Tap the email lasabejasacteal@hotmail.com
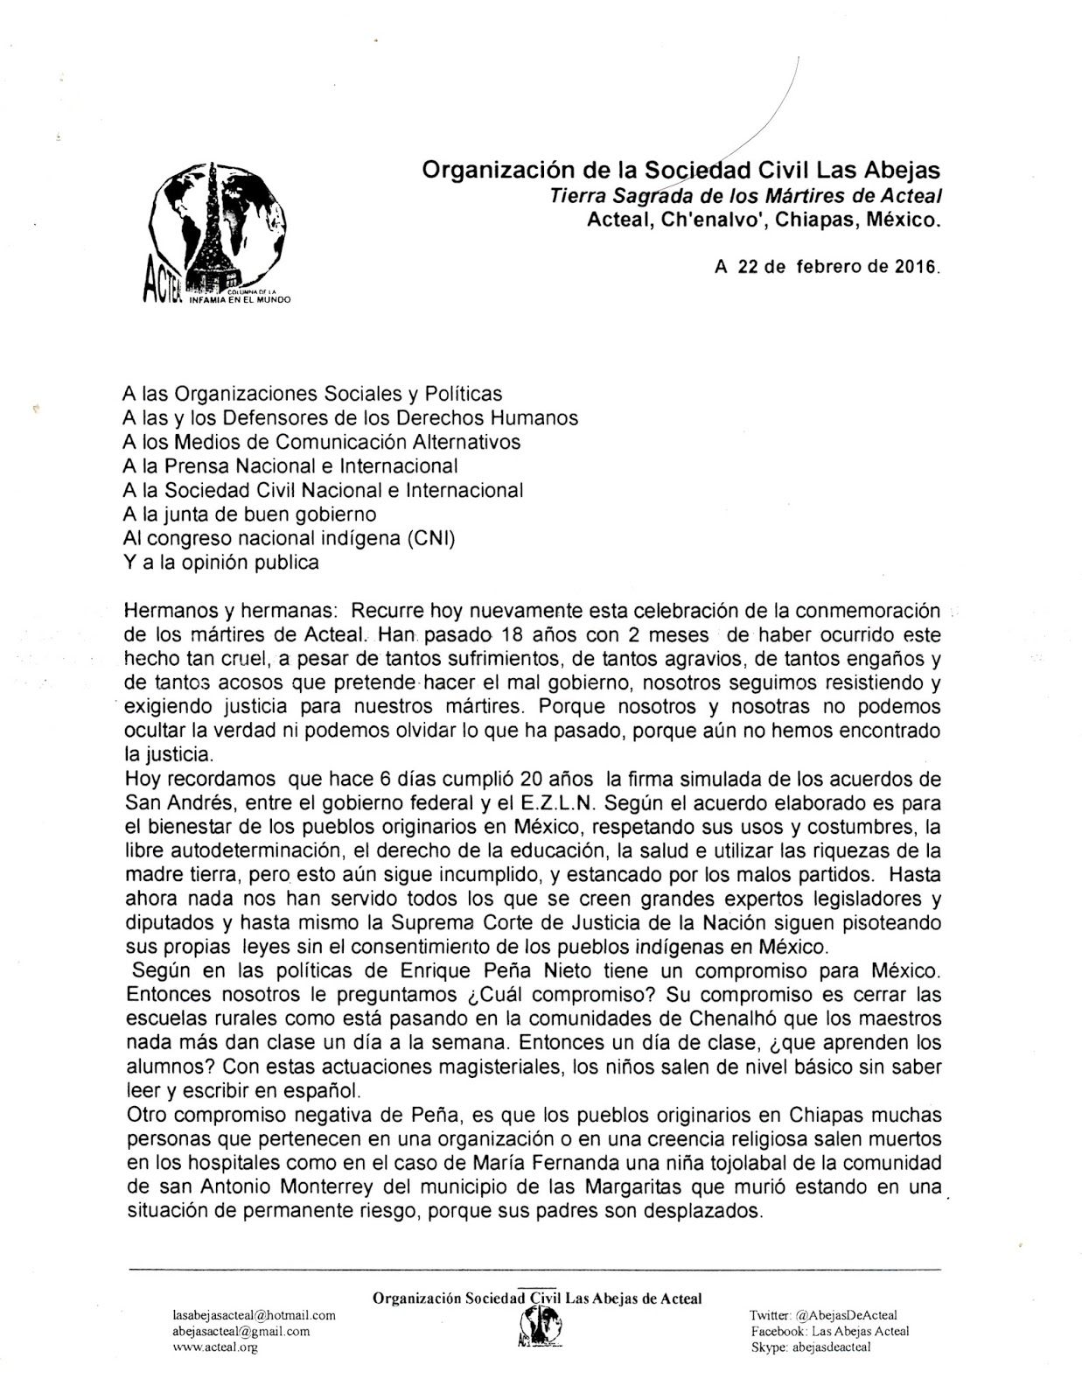[255, 1315]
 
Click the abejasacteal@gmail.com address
[241, 1331]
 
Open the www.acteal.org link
[215, 1347]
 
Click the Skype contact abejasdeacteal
[811, 1347]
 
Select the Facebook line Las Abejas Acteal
[829, 1331]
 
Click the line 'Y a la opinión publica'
[222, 562]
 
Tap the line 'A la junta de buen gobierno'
[251, 514]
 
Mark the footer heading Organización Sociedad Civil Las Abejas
[537, 1298]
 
